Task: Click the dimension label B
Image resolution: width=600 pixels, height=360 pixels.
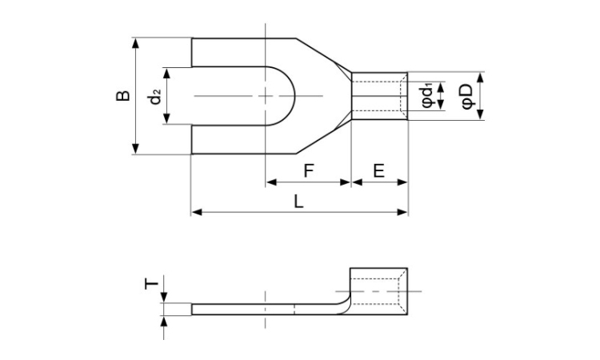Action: (x=123, y=96)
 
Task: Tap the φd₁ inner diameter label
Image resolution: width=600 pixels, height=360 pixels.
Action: (x=426, y=97)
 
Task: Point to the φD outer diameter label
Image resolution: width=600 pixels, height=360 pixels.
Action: (x=467, y=97)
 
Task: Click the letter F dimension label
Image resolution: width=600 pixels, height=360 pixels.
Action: (x=309, y=170)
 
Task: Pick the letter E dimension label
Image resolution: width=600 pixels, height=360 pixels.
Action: (x=379, y=170)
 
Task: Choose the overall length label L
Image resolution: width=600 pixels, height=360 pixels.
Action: (x=298, y=202)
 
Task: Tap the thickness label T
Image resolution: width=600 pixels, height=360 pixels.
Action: (x=151, y=284)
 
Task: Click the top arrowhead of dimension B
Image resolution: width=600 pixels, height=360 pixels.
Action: (x=135, y=43)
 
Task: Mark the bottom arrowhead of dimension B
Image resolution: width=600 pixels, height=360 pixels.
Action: (x=135, y=149)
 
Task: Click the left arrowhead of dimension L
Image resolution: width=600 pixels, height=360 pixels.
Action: (x=197, y=212)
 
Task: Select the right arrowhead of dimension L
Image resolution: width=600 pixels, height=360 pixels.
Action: (x=402, y=212)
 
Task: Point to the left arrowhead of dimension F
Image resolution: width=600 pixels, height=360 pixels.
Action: (x=271, y=182)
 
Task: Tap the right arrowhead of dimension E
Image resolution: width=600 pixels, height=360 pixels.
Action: (x=402, y=182)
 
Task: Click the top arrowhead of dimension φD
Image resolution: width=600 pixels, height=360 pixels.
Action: (x=481, y=77)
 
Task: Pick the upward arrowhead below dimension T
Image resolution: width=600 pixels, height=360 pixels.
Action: (x=164, y=322)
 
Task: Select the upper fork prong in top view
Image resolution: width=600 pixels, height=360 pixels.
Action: (x=244, y=53)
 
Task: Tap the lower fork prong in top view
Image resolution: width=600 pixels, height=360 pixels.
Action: (x=244, y=139)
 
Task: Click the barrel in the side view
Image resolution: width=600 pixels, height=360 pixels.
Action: (x=378, y=291)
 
